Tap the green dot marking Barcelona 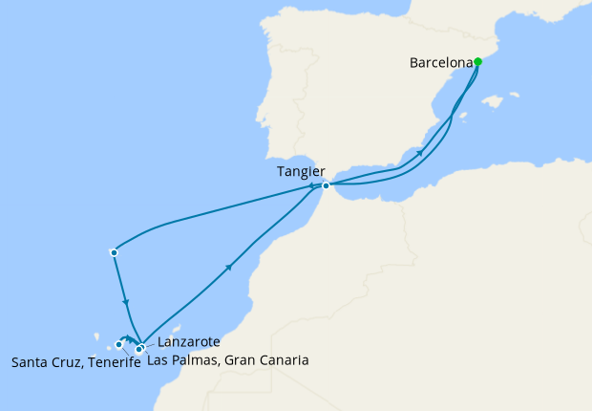click(x=477, y=62)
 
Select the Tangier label click(x=299, y=171)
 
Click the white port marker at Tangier click(x=326, y=185)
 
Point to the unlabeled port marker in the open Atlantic click(x=114, y=252)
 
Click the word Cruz click(x=67, y=362)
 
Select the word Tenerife click(x=114, y=362)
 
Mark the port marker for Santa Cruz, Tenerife click(x=119, y=344)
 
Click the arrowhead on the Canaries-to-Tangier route click(x=228, y=269)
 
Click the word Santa click(x=32, y=362)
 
